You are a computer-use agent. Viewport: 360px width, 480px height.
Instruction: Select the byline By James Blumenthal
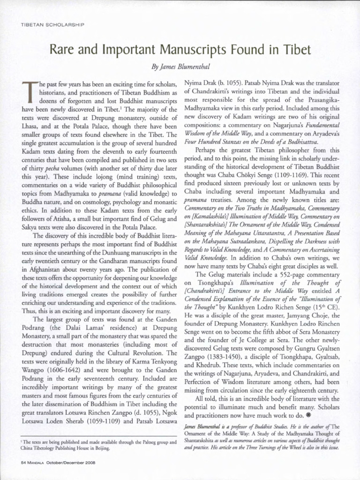[180, 68]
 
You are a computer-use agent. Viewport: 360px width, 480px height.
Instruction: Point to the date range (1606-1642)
[66, 369]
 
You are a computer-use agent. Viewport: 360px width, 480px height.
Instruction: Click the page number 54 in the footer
[24, 462]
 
